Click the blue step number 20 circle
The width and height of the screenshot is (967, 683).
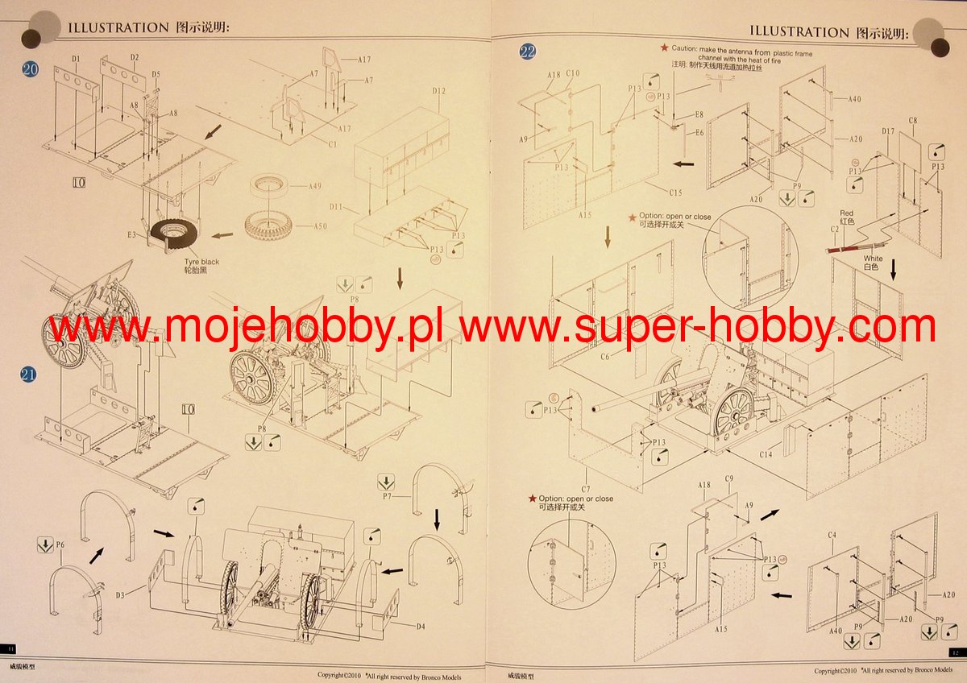point(30,69)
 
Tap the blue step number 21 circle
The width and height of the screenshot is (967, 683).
point(28,374)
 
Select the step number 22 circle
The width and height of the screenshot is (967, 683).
point(527,52)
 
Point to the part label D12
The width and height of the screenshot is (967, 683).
point(438,91)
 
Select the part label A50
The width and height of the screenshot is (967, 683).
point(319,226)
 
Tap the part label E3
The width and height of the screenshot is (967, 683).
point(131,234)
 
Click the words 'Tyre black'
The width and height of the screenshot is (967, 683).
point(199,262)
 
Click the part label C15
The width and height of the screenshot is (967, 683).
point(675,192)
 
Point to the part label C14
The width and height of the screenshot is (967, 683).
point(765,454)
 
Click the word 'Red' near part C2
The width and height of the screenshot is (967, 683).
point(846,213)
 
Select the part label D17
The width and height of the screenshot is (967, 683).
point(888,131)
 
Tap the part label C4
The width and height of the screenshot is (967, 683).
point(832,535)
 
